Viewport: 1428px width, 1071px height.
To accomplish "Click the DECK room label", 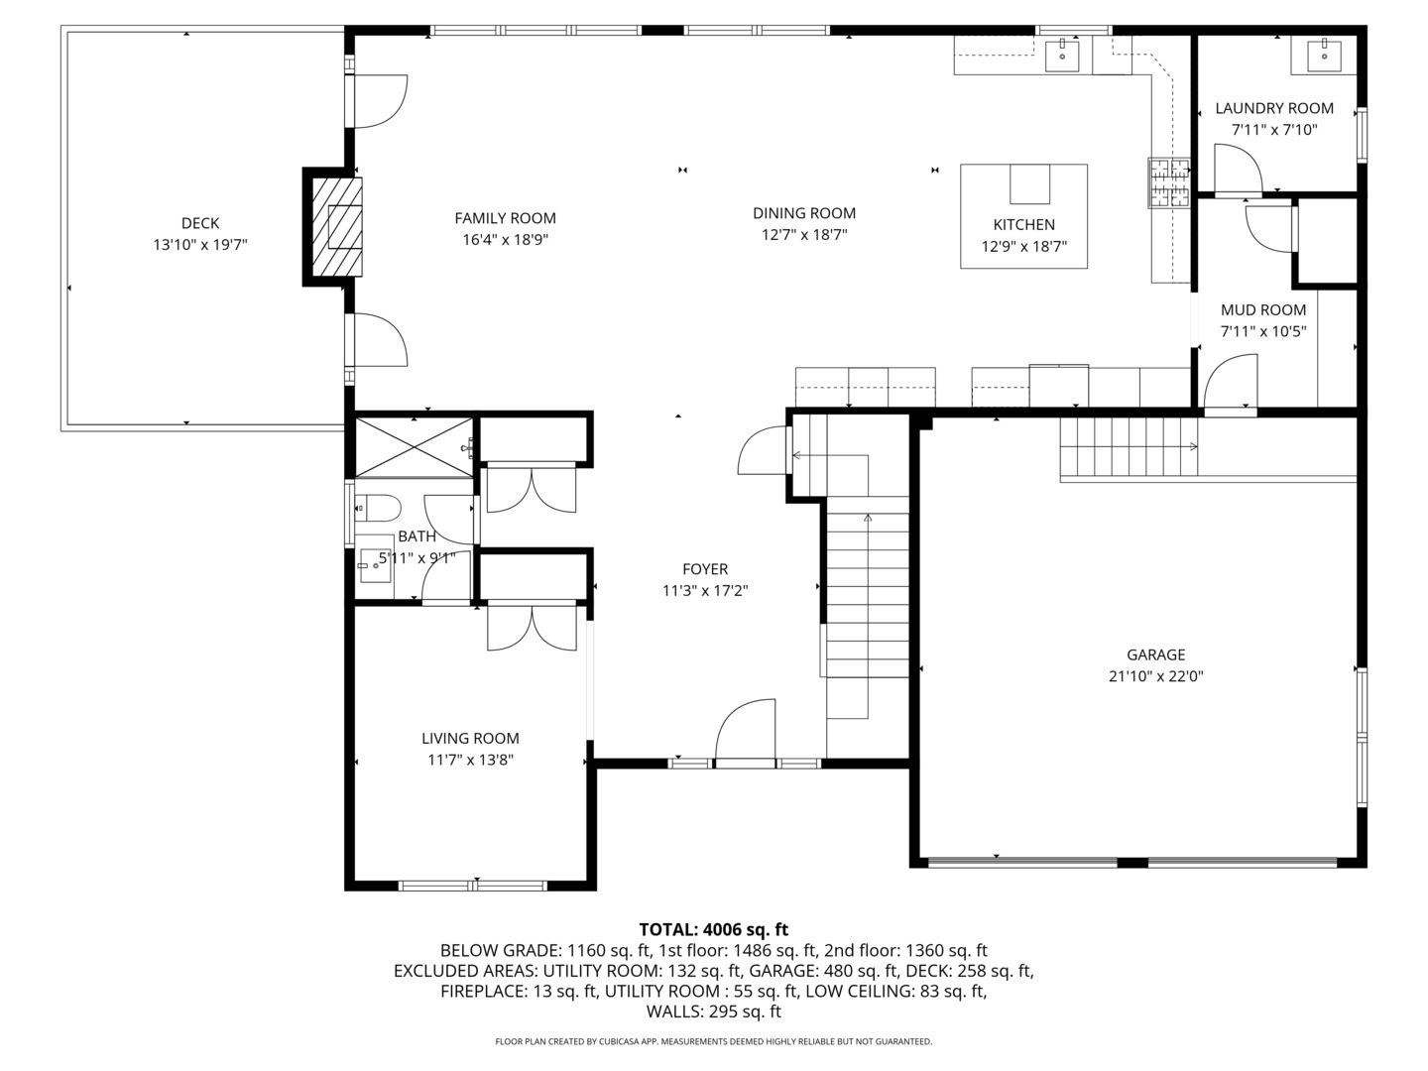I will click(200, 223).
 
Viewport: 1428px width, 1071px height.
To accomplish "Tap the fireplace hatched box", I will click(337, 227).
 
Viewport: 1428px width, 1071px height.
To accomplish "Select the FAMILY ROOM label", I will click(505, 218).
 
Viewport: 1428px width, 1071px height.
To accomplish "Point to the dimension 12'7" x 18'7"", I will click(803, 235).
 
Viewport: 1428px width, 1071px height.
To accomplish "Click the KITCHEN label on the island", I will click(1023, 225).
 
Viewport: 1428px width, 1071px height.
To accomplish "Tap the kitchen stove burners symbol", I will click(1169, 182).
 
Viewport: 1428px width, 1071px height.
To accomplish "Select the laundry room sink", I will click(1322, 56).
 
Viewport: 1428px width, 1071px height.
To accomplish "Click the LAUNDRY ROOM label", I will click(1274, 108).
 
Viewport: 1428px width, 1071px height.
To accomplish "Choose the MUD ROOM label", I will click(1262, 309).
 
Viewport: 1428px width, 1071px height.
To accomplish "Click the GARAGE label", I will click(1155, 654).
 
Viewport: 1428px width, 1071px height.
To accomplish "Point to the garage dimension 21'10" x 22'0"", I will click(1155, 677).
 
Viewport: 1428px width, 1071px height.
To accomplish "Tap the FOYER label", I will click(704, 569).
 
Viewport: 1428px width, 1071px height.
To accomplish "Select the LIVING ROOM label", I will click(470, 738).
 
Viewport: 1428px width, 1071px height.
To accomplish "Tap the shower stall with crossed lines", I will click(414, 446).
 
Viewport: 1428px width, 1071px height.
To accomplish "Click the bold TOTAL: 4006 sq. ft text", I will click(713, 929).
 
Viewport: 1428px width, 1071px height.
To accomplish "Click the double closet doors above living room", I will click(532, 629).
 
